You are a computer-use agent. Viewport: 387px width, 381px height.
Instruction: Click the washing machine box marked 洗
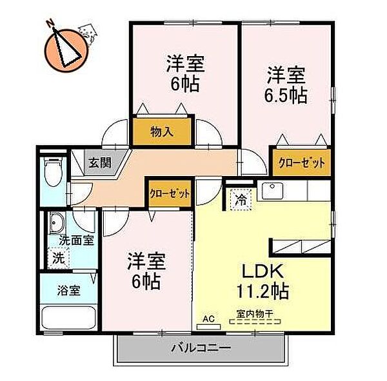(x=57, y=257)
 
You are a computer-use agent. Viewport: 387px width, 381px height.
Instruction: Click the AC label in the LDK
(x=208, y=318)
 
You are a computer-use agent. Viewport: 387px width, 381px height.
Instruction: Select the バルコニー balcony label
(x=201, y=349)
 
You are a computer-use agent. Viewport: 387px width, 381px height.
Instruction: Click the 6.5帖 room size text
(x=286, y=95)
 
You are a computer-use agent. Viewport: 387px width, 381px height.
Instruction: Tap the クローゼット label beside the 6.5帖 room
(x=301, y=162)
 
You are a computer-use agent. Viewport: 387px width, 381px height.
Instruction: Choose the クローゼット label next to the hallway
(x=170, y=193)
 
